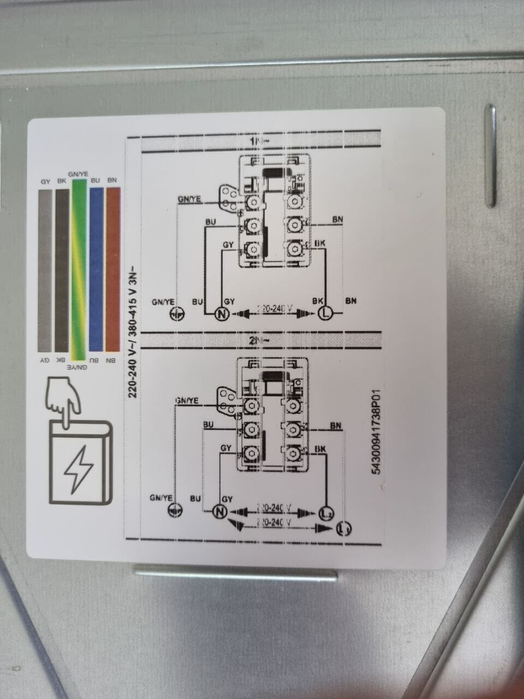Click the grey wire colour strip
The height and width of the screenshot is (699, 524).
coord(45,270)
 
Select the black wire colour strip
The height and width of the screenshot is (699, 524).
coord(62,270)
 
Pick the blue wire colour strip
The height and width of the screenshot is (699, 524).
coord(96,270)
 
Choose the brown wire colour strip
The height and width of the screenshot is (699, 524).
coord(112,270)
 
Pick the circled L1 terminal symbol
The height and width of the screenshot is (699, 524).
coord(343,529)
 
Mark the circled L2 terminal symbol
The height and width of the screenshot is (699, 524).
coord(326,513)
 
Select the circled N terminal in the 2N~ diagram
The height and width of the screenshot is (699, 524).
coord(219,512)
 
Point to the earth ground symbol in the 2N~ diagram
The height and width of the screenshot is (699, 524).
coord(175,511)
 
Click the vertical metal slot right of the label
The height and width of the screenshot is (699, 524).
coord(490,156)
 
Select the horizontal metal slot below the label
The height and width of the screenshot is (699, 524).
coord(235,573)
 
